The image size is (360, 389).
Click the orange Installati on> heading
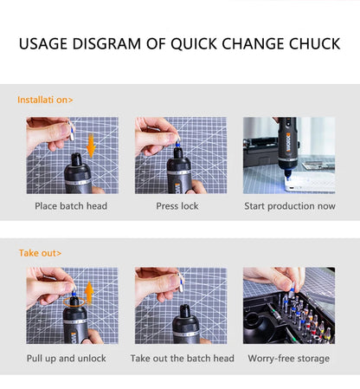[x=45, y=100]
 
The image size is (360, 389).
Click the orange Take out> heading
[x=40, y=253]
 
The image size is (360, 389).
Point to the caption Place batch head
[x=71, y=206]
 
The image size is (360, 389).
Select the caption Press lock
[x=177, y=206]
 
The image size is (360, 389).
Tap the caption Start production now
[x=288, y=206]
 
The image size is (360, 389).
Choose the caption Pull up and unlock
[x=65, y=358]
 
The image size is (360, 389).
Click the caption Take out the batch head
[x=182, y=358]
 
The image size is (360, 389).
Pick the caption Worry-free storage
[x=288, y=358]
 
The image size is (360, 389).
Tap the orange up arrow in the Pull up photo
[x=88, y=294]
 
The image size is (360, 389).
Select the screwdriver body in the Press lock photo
[x=180, y=173]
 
